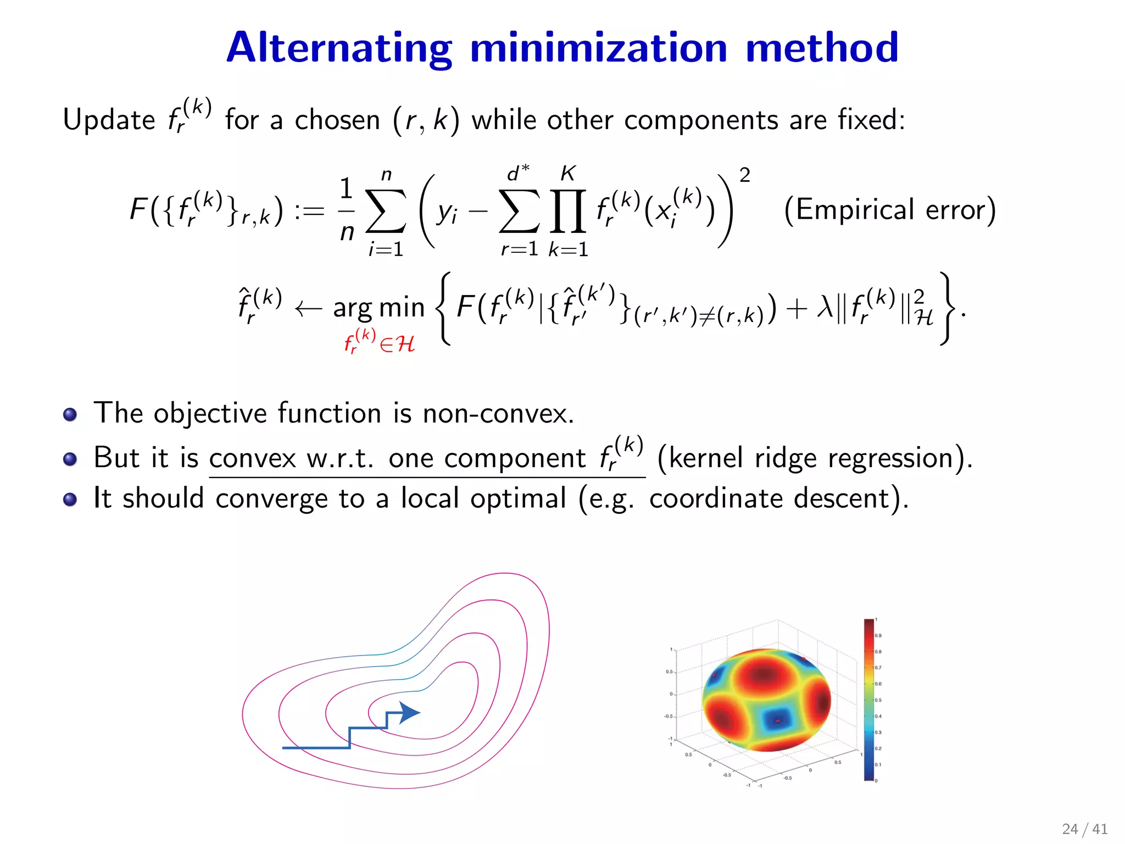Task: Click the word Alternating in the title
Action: [339, 48]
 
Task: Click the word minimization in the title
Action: [599, 48]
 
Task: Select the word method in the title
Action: [822, 48]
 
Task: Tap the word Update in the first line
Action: [109, 120]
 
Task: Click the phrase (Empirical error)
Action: [889, 210]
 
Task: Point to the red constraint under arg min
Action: [378, 342]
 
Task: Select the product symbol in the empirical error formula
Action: [568, 212]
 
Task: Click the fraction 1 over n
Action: [346, 210]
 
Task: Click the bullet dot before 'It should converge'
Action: [70, 499]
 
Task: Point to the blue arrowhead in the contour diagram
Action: [409, 713]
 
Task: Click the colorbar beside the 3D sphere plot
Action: [868, 699]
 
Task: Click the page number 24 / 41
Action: [1084, 829]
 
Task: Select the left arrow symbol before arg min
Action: [308, 309]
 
